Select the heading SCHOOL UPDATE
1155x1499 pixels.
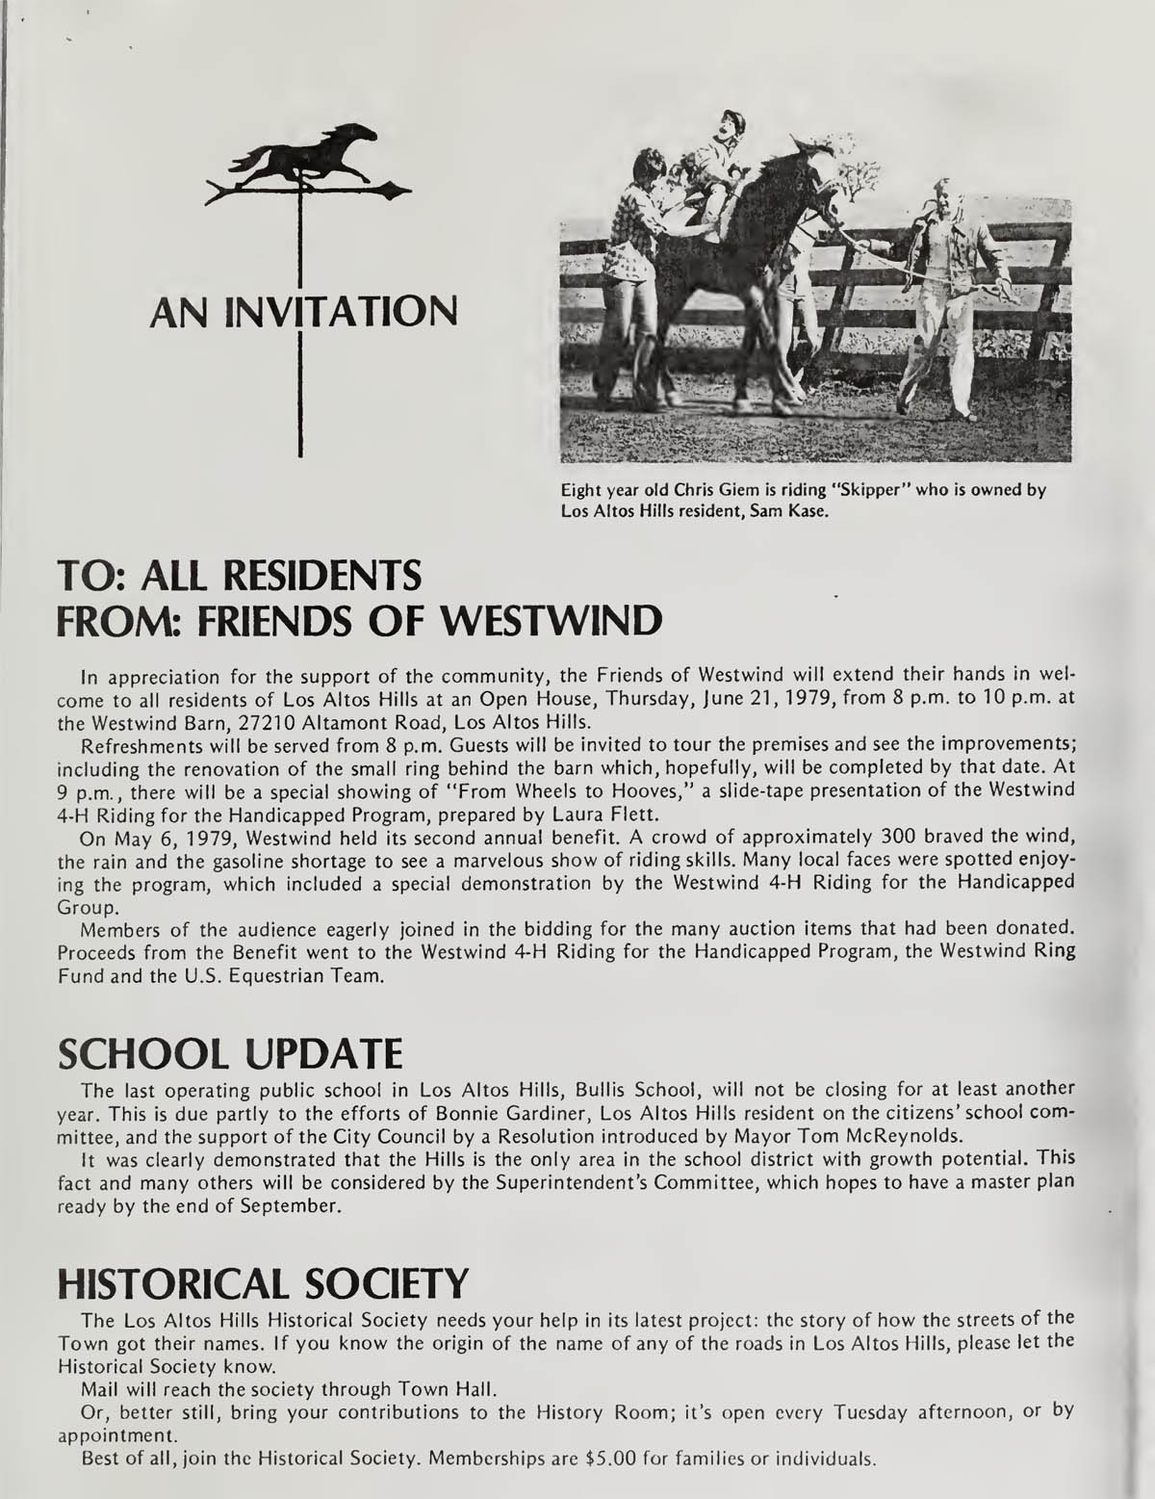click(229, 1056)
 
